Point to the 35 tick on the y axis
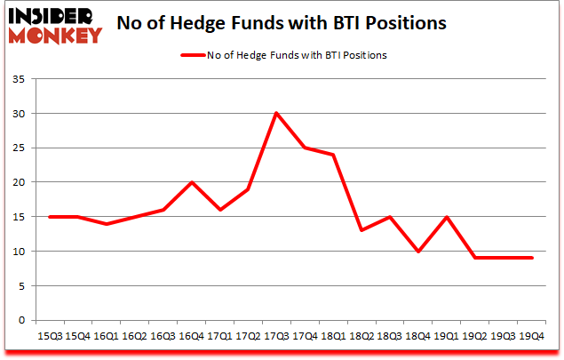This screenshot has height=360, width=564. tap(20, 80)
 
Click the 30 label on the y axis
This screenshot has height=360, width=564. tap(20, 114)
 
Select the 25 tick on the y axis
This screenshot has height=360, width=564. tap(20, 148)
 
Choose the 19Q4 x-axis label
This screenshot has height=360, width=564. tap(533, 336)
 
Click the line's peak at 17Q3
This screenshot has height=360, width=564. tap(277, 113)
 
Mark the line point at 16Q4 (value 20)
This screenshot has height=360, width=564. tap(192, 182)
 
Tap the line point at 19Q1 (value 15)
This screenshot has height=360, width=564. tap(448, 217)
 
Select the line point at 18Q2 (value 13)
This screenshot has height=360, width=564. tap(362, 230)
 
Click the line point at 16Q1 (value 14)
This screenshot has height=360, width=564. tap(107, 223)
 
